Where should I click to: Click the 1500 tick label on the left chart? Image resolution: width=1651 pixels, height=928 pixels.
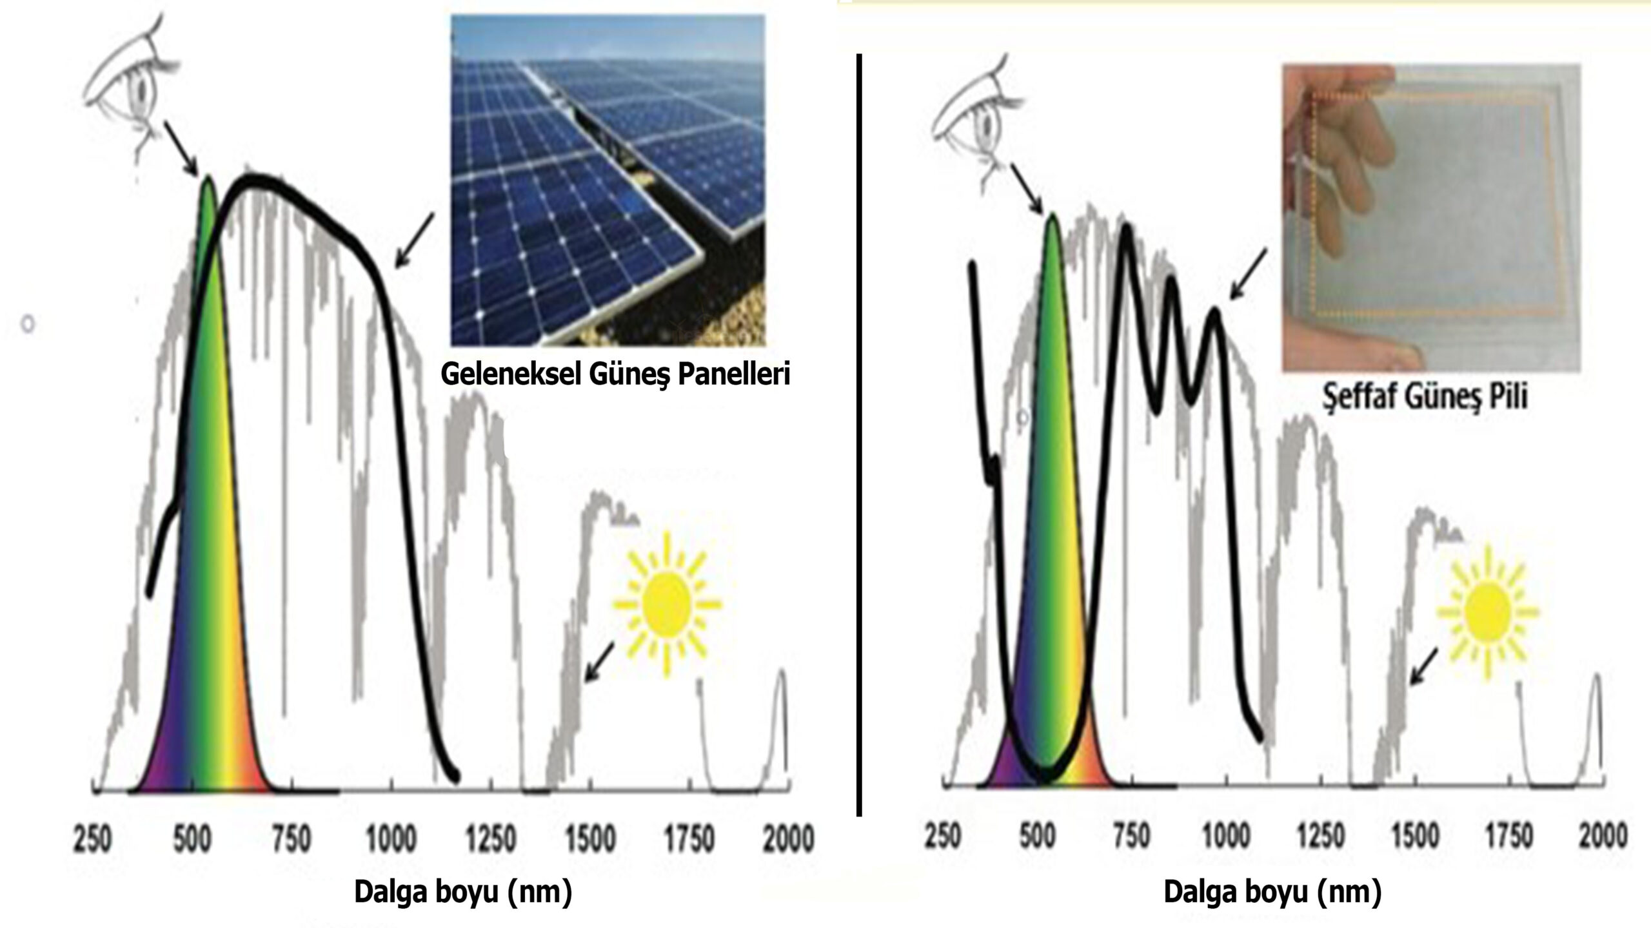[591, 840]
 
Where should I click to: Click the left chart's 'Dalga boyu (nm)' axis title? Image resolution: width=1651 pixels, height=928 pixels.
[463, 893]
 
